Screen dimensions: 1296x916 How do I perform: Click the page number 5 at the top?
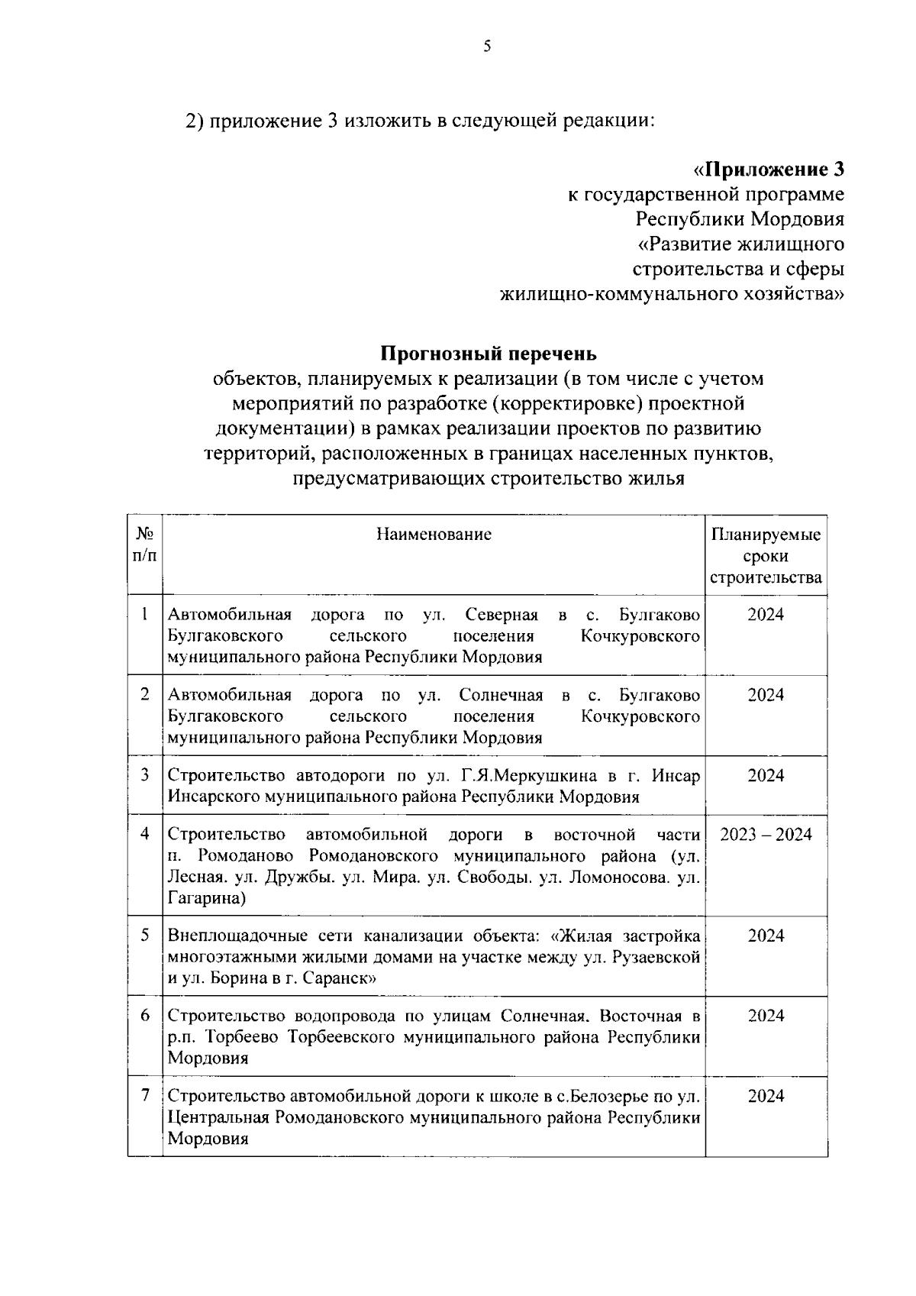click(487, 47)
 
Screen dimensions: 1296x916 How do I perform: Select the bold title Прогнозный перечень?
click(489, 354)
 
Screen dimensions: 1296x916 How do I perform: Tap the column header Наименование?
click(434, 534)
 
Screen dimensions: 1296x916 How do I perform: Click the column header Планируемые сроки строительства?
click(766, 555)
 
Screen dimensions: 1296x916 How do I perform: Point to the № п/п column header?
click(144, 545)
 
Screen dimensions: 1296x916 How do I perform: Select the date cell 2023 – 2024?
click(766, 834)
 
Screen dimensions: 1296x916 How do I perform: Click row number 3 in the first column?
click(144, 775)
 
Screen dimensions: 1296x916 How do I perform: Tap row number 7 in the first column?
click(144, 1096)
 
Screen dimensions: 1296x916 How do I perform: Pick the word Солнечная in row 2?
click(501, 695)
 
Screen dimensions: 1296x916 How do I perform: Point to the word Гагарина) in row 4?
click(206, 898)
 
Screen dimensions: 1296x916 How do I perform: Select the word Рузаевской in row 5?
click(656, 957)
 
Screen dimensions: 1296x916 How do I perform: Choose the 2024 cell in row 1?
click(766, 615)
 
